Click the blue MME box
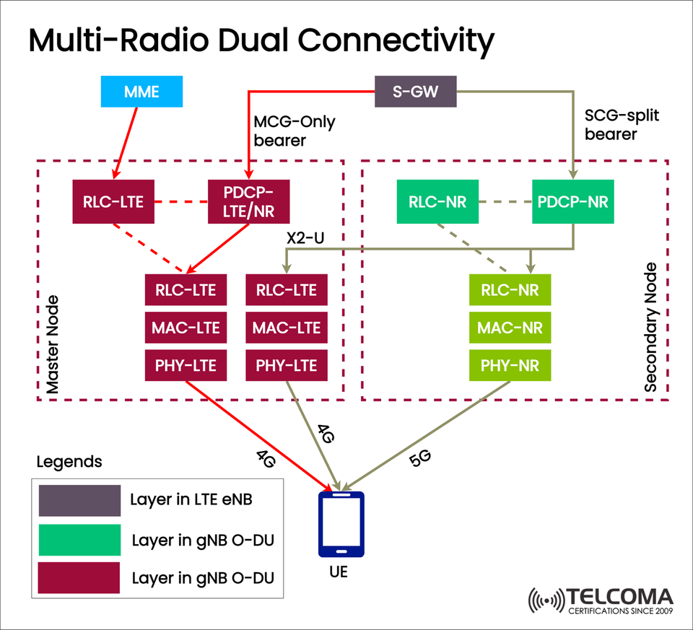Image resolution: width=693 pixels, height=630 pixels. (x=141, y=92)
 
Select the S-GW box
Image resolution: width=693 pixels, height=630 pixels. (x=415, y=92)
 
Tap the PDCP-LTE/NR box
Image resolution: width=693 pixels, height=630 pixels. (x=249, y=201)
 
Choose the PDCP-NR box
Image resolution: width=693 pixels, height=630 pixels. (x=573, y=201)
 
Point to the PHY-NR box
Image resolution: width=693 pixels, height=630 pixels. (x=510, y=365)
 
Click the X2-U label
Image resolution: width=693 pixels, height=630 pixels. (x=303, y=237)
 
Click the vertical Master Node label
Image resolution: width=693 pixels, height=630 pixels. (x=53, y=344)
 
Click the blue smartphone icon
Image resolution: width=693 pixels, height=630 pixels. (x=341, y=524)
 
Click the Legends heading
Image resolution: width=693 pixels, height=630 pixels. (x=69, y=461)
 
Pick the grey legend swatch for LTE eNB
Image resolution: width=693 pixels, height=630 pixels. (x=79, y=501)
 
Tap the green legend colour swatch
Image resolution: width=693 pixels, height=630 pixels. (x=79, y=540)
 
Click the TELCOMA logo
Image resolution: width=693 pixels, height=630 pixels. (x=601, y=600)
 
